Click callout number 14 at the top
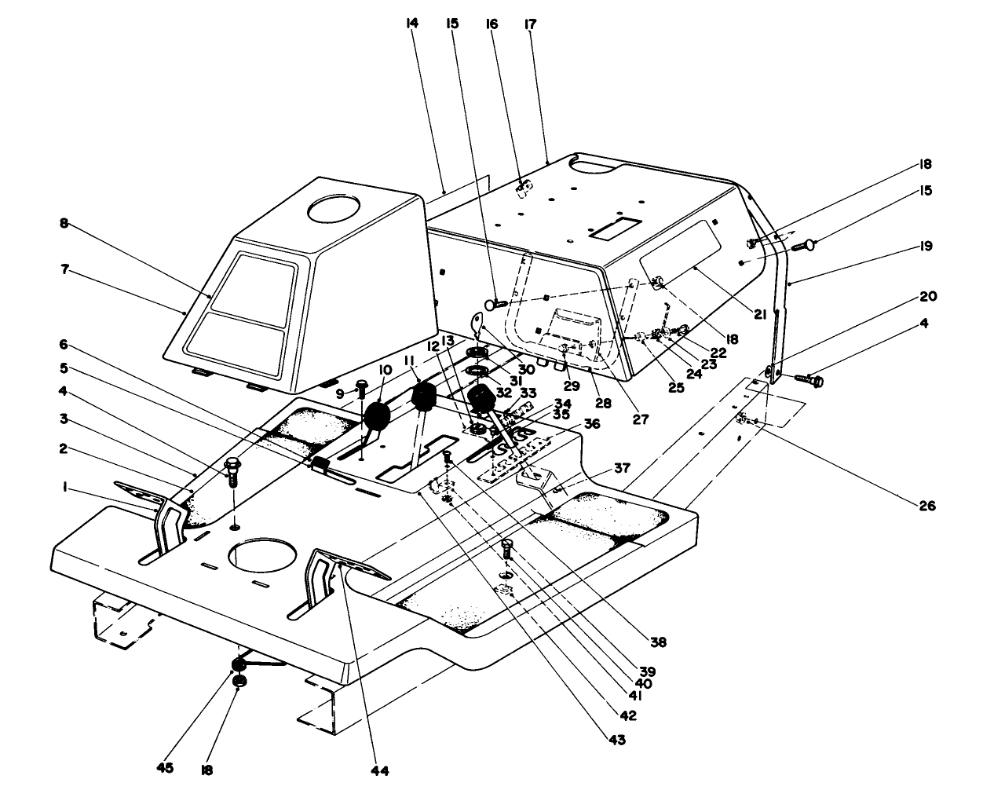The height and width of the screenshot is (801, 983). [411, 24]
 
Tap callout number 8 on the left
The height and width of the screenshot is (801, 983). [64, 224]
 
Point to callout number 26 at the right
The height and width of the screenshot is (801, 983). [927, 507]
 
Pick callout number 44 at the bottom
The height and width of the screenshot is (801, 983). [381, 770]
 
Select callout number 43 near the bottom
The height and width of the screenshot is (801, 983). [617, 739]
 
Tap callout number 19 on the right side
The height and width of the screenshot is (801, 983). [926, 246]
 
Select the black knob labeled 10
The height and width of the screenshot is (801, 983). [377, 415]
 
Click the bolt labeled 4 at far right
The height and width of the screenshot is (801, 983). [812, 381]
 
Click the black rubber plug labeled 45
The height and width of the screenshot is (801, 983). [237, 667]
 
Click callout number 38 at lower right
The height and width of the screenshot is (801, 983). [658, 642]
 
